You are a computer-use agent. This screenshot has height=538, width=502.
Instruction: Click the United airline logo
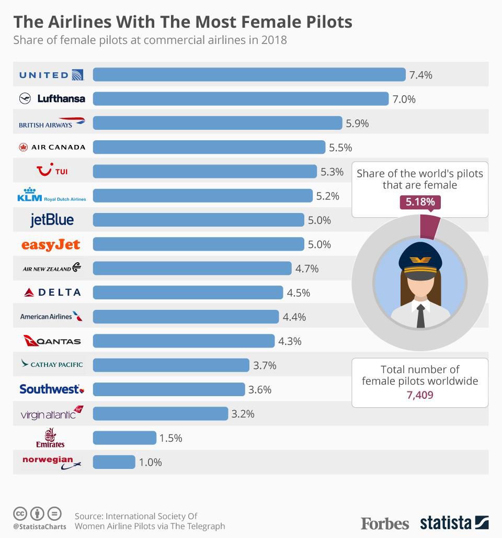(51, 74)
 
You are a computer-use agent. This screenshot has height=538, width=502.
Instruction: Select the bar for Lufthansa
(241, 99)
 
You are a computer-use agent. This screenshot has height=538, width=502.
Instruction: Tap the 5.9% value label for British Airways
(357, 124)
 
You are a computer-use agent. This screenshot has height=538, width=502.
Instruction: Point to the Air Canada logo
(51, 147)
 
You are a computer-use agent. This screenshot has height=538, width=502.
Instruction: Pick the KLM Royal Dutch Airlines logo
(51, 196)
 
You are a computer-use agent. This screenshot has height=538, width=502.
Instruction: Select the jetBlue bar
(198, 220)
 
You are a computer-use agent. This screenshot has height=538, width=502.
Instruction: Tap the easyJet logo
(51, 244)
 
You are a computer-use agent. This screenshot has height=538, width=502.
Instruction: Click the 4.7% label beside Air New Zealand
(307, 268)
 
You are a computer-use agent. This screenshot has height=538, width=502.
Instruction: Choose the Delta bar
(188, 293)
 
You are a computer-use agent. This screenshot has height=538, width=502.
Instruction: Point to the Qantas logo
(51, 341)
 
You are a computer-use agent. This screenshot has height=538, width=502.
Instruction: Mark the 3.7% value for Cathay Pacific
(265, 365)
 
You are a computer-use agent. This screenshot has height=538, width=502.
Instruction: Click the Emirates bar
(124, 438)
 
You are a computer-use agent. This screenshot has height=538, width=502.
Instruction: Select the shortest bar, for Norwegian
(114, 462)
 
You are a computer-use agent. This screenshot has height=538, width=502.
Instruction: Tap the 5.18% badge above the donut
(420, 202)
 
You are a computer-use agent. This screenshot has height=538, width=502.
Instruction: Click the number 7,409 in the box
(420, 395)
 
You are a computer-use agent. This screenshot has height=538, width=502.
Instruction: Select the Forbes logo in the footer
(385, 522)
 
